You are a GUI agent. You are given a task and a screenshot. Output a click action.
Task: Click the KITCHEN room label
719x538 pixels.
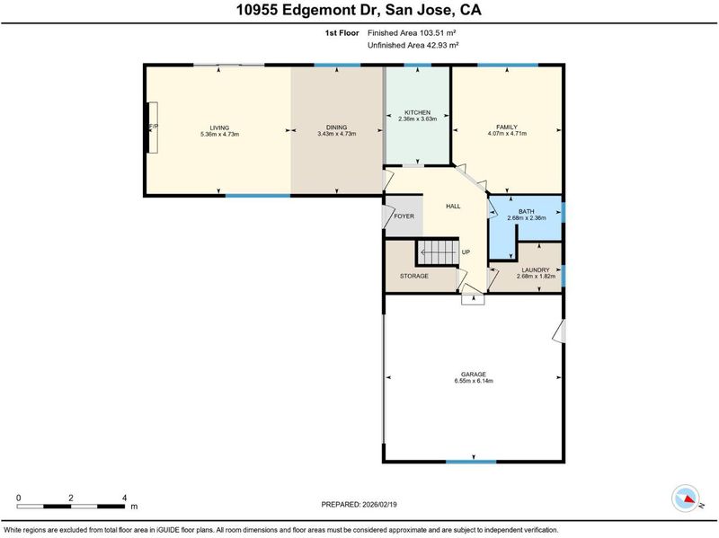417,112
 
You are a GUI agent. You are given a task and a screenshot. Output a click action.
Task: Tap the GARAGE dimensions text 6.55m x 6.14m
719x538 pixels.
474,381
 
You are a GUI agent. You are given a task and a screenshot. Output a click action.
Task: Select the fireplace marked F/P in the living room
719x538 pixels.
153,128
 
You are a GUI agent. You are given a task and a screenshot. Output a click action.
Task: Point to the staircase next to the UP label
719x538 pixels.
438,252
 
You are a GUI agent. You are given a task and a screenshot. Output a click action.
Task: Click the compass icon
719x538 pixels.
686,498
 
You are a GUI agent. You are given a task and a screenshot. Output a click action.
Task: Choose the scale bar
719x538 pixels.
71,507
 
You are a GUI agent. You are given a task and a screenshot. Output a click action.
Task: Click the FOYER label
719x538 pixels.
404,216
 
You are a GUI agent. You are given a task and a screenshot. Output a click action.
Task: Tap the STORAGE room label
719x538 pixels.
414,277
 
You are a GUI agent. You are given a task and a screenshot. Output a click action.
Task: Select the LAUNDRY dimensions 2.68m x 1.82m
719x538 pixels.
536,277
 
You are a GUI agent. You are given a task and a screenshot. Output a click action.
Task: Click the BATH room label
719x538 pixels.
527,211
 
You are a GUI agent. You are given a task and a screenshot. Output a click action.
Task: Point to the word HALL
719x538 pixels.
453,207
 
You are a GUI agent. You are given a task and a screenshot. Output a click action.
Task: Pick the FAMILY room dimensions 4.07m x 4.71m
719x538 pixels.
507,134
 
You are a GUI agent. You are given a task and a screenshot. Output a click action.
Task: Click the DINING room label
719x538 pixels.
336,128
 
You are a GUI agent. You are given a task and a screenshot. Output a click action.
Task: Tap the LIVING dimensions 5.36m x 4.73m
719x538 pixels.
219,134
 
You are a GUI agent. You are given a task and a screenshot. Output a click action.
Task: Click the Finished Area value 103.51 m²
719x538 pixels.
438,33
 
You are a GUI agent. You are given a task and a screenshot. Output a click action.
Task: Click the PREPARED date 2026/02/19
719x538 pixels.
379,505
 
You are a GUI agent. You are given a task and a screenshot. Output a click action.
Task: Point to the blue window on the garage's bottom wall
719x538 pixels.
471,462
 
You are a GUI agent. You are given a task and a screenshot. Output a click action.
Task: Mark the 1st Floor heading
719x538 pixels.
342,33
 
